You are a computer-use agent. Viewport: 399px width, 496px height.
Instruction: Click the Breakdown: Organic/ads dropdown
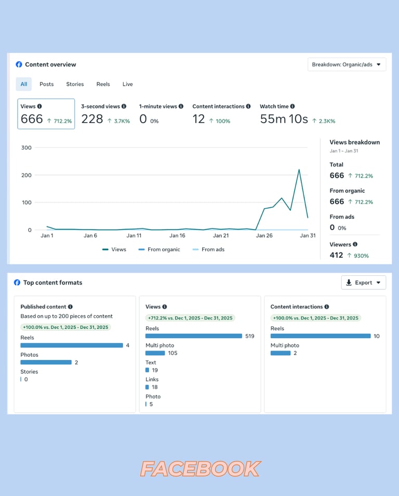[347, 65]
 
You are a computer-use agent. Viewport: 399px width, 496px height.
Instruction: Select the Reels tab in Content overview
[103, 84]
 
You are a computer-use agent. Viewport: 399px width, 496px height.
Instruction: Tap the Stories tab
[75, 84]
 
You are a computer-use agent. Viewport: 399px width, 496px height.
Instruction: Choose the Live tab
[128, 84]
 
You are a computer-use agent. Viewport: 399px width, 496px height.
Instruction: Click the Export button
[363, 283]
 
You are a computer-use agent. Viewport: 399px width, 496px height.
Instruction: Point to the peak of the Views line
[299, 169]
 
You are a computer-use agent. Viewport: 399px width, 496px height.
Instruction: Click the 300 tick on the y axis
[26, 148]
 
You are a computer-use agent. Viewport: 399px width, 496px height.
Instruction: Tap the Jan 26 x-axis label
[264, 236]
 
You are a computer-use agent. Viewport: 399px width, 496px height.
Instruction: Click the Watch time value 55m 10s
[284, 119]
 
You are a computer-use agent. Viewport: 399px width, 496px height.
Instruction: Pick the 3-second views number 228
[92, 119]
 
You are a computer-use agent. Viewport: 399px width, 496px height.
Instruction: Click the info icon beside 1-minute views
[181, 106]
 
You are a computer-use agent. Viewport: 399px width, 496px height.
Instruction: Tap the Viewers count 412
[336, 255]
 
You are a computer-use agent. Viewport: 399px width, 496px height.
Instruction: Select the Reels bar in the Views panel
[194, 336]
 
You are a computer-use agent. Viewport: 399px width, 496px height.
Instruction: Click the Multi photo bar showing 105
[155, 353]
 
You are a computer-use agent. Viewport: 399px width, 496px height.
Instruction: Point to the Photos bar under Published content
[46, 363]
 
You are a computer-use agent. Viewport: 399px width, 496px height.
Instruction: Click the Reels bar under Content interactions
[321, 336]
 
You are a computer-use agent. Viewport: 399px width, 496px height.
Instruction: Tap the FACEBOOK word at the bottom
[200, 469]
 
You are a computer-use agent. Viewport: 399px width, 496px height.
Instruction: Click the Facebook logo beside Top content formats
[17, 283]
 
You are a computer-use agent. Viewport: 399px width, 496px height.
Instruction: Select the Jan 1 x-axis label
[47, 236]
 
